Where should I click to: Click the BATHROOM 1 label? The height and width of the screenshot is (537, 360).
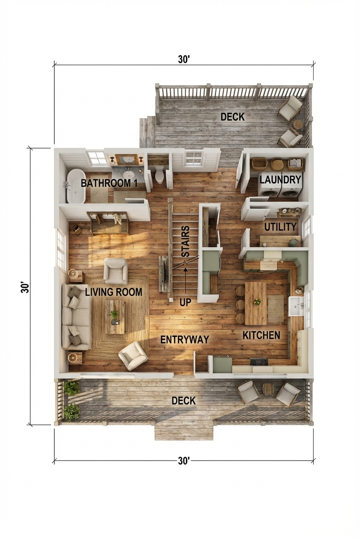click(x=109, y=184)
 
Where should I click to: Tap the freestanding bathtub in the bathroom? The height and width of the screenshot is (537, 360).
click(x=76, y=186)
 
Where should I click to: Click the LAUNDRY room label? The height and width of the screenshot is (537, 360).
click(x=280, y=179)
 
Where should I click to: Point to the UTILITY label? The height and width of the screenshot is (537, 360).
click(x=280, y=227)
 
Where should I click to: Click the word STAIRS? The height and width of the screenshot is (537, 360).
click(x=186, y=242)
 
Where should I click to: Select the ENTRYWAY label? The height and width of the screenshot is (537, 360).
click(x=185, y=339)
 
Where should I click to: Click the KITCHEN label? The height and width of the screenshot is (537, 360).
click(x=261, y=335)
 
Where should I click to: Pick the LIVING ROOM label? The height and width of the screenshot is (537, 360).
click(x=113, y=292)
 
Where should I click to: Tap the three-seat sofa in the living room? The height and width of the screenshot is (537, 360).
click(x=76, y=317)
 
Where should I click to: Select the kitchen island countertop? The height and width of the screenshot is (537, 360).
click(x=256, y=303)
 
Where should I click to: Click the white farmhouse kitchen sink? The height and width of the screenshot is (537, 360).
click(x=296, y=306)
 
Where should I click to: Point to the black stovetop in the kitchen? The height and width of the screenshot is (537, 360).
click(x=259, y=362)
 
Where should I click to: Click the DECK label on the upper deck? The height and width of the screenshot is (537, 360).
click(x=233, y=117)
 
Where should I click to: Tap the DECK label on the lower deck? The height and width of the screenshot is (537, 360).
click(x=183, y=401)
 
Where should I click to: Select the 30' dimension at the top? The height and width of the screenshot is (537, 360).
click(x=183, y=59)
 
